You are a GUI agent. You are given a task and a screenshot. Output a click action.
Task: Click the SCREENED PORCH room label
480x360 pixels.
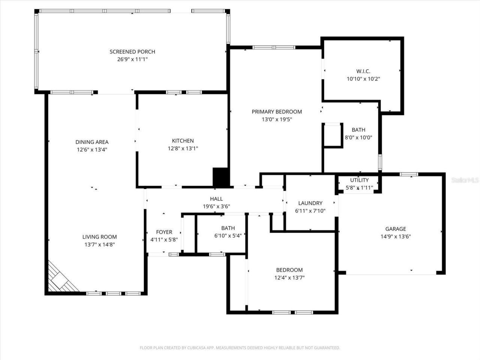point(132,52)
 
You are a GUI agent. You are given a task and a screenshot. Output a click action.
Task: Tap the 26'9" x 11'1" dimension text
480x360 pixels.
point(132,59)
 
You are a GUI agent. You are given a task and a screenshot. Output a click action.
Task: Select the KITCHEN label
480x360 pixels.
point(183,141)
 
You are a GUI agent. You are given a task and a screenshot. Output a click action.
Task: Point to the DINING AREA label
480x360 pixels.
point(92,142)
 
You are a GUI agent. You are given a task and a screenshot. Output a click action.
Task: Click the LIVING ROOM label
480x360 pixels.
point(99,237)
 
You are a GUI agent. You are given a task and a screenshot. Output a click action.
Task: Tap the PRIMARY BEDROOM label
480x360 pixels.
point(276,111)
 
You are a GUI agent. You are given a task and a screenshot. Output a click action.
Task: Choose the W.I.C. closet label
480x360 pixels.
point(363,71)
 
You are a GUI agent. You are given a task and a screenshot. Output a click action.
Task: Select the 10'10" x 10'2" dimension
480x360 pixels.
point(363,79)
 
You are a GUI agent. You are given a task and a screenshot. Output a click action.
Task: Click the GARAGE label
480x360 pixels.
point(396,229)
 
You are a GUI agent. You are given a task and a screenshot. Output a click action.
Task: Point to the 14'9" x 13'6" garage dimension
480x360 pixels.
point(396,237)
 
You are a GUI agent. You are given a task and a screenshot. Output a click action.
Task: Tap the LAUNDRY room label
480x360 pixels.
point(310,203)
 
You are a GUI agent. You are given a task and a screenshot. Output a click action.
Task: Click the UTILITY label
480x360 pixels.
point(359,180)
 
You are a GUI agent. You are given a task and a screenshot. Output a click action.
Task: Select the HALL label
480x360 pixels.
point(216,199)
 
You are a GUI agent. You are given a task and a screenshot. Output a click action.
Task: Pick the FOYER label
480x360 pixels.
point(164,232)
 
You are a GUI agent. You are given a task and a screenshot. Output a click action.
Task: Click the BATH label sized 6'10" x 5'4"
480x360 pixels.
point(228,228)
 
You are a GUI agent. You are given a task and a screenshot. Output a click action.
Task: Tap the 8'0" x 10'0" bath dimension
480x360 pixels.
point(358,138)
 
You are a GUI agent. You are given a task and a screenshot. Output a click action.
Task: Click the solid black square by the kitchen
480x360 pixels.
point(221,177)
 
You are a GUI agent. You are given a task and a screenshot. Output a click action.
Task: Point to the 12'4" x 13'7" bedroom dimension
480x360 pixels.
point(289,278)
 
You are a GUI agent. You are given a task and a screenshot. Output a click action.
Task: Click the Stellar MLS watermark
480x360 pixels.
point(465,180)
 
